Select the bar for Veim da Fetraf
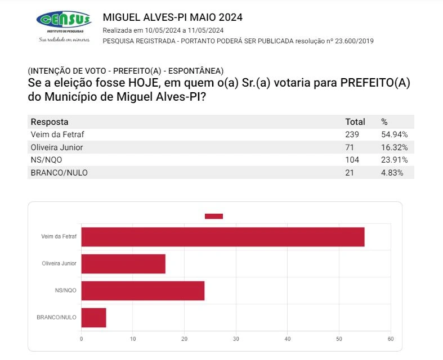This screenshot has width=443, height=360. (223, 237)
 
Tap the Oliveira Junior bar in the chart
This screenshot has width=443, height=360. (123, 264)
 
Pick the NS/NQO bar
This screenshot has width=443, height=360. (143, 291)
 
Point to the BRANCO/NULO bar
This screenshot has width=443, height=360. (93, 318)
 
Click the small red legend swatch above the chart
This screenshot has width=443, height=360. (214, 216)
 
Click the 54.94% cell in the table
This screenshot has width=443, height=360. (394, 134)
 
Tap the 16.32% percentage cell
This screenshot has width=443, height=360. (394, 147)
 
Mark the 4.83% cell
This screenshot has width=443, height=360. (392, 173)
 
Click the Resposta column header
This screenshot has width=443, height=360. (50, 121)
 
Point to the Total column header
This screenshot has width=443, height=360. (355, 121)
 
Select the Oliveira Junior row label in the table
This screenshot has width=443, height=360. (57, 147)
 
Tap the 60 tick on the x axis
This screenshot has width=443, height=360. (390, 339)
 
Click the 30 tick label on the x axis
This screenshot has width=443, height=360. (236, 339)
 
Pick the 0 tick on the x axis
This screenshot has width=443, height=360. (82, 339)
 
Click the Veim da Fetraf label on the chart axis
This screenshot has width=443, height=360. (59, 237)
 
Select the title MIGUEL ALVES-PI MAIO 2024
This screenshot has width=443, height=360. (173, 17)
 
